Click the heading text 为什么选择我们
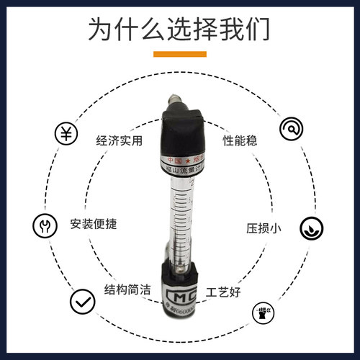[x=179, y=30]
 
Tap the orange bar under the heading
[x=180, y=54]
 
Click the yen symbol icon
[x=67, y=133]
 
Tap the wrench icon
[x=42, y=225]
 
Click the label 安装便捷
[x=94, y=223]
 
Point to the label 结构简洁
[x=128, y=289]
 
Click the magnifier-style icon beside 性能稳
[x=292, y=128]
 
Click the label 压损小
[x=264, y=228]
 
